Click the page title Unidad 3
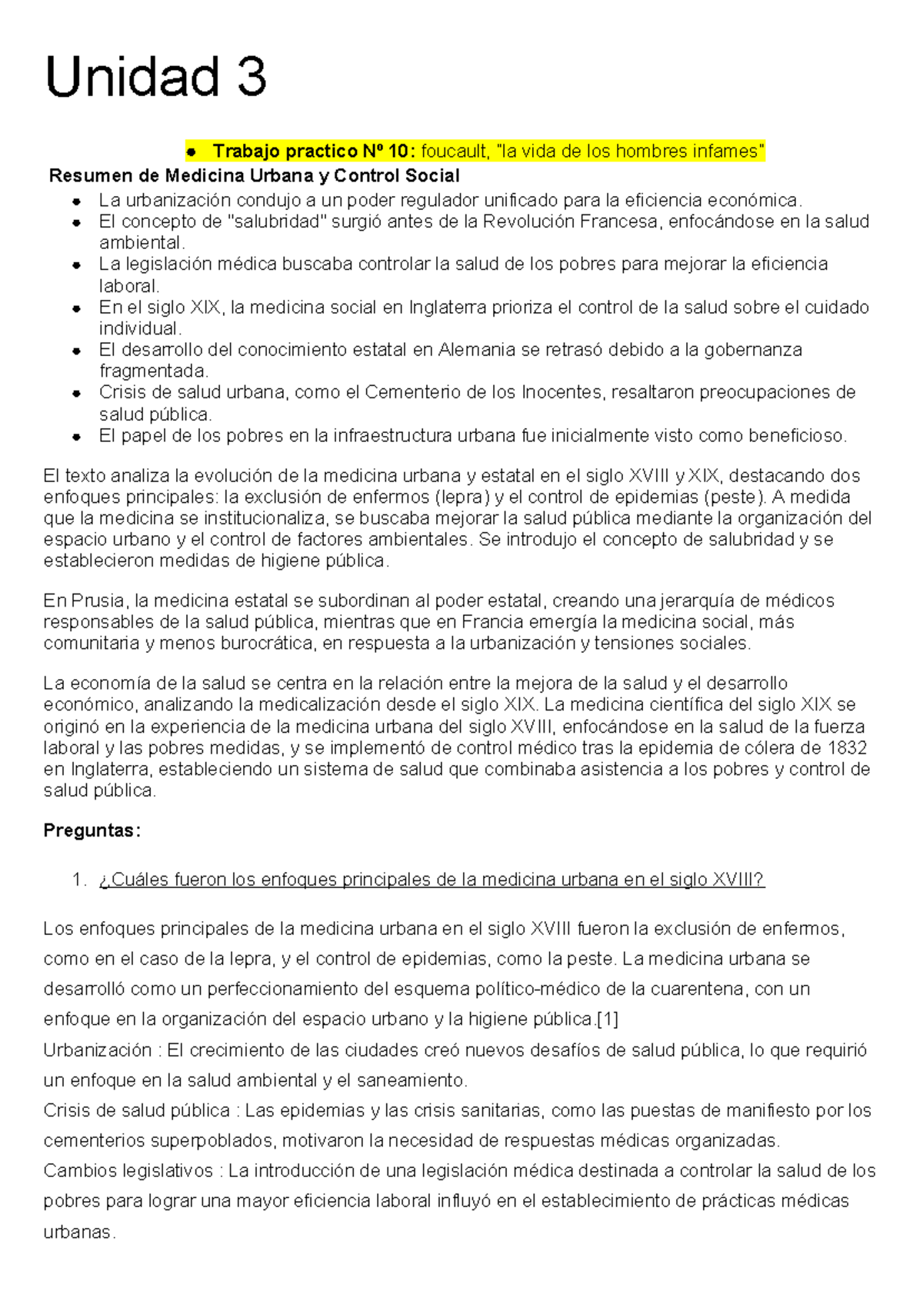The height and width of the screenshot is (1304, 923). pos(156,77)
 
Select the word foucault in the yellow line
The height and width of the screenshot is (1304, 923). pos(455,151)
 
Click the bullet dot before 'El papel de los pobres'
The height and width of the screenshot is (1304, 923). pos(77,437)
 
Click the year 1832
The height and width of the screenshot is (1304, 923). pos(847,748)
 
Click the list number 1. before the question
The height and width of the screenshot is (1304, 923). pos(79,880)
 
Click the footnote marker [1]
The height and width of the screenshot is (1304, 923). pos(607,1020)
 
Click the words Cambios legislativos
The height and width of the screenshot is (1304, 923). pos(128,1171)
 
